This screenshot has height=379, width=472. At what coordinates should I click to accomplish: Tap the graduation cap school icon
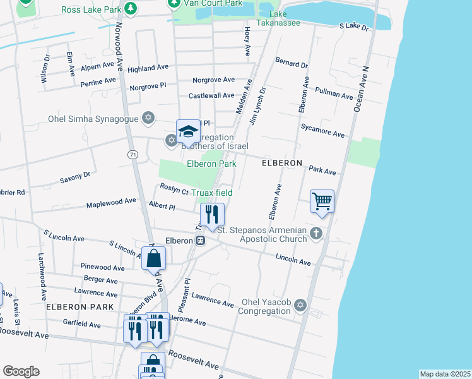click(x=187, y=131)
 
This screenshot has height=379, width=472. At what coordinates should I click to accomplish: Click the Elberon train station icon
click(x=200, y=240)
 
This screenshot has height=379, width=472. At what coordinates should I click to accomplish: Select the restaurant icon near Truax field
click(x=212, y=214)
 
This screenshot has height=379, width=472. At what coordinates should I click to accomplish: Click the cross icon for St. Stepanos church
click(x=316, y=234)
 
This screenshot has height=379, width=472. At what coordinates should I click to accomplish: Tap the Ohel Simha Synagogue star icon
click(x=148, y=117)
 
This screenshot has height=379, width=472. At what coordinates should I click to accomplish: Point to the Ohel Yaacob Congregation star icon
click(x=300, y=306)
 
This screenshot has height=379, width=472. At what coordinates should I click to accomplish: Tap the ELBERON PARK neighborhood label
click(x=80, y=307)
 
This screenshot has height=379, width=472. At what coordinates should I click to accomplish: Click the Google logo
click(x=21, y=371)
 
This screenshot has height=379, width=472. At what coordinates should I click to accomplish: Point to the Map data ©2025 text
click(x=444, y=374)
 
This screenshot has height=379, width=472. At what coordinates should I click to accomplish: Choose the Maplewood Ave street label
click(x=111, y=202)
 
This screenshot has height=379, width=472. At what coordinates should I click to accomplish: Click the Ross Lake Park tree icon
click(x=130, y=9)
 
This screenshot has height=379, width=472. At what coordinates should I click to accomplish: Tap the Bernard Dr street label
click(x=291, y=64)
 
